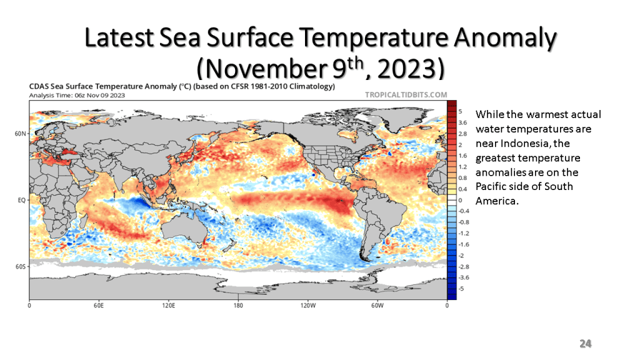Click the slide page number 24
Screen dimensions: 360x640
585,343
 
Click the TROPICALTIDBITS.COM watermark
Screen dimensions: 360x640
406,94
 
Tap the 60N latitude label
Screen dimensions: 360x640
21,134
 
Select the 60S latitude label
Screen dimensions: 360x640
21,267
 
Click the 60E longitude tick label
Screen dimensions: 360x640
98,306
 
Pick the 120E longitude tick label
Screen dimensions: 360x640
167,306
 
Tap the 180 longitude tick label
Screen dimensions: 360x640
238,306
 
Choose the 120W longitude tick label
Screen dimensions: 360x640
307,306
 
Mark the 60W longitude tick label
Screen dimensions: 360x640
376,306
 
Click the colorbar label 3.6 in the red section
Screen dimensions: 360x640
463,122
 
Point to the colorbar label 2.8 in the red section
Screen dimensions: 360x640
463,134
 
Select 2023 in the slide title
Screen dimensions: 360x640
407,67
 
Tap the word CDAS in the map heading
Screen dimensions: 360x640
39,86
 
